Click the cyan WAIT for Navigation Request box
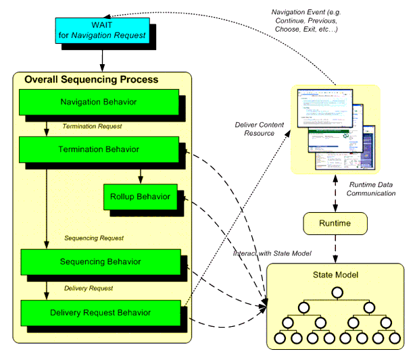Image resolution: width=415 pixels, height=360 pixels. coord(101,30)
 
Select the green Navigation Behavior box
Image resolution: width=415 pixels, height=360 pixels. coord(99,102)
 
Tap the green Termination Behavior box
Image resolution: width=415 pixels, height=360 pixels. coord(99,149)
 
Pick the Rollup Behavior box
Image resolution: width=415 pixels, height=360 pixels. coord(140,197)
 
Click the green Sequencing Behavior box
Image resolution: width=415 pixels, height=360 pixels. coord(100,261)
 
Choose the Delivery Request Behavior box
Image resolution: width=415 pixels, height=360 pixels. coord(100,312)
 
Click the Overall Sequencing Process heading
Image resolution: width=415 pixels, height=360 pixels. coord(91,79)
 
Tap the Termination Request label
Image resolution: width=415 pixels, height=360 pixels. coord(92,126)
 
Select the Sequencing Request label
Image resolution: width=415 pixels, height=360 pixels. coord(94,238)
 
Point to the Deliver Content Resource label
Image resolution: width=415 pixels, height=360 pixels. coord(255,129)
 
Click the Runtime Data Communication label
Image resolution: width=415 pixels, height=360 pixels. coord(372,188)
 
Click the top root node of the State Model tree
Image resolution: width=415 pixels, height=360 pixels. coord(335,292)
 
